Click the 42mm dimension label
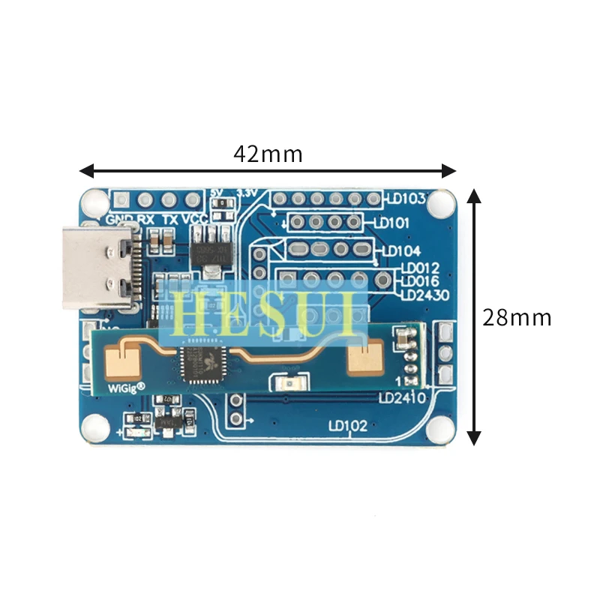click(268, 154)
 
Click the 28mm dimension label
click(517, 317)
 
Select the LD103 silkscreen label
click(405, 199)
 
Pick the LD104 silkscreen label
click(400, 251)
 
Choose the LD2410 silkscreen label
click(402, 397)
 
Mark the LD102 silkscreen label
click(347, 426)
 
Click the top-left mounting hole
click(94, 201)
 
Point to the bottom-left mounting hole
click(94, 427)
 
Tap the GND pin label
click(119, 220)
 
